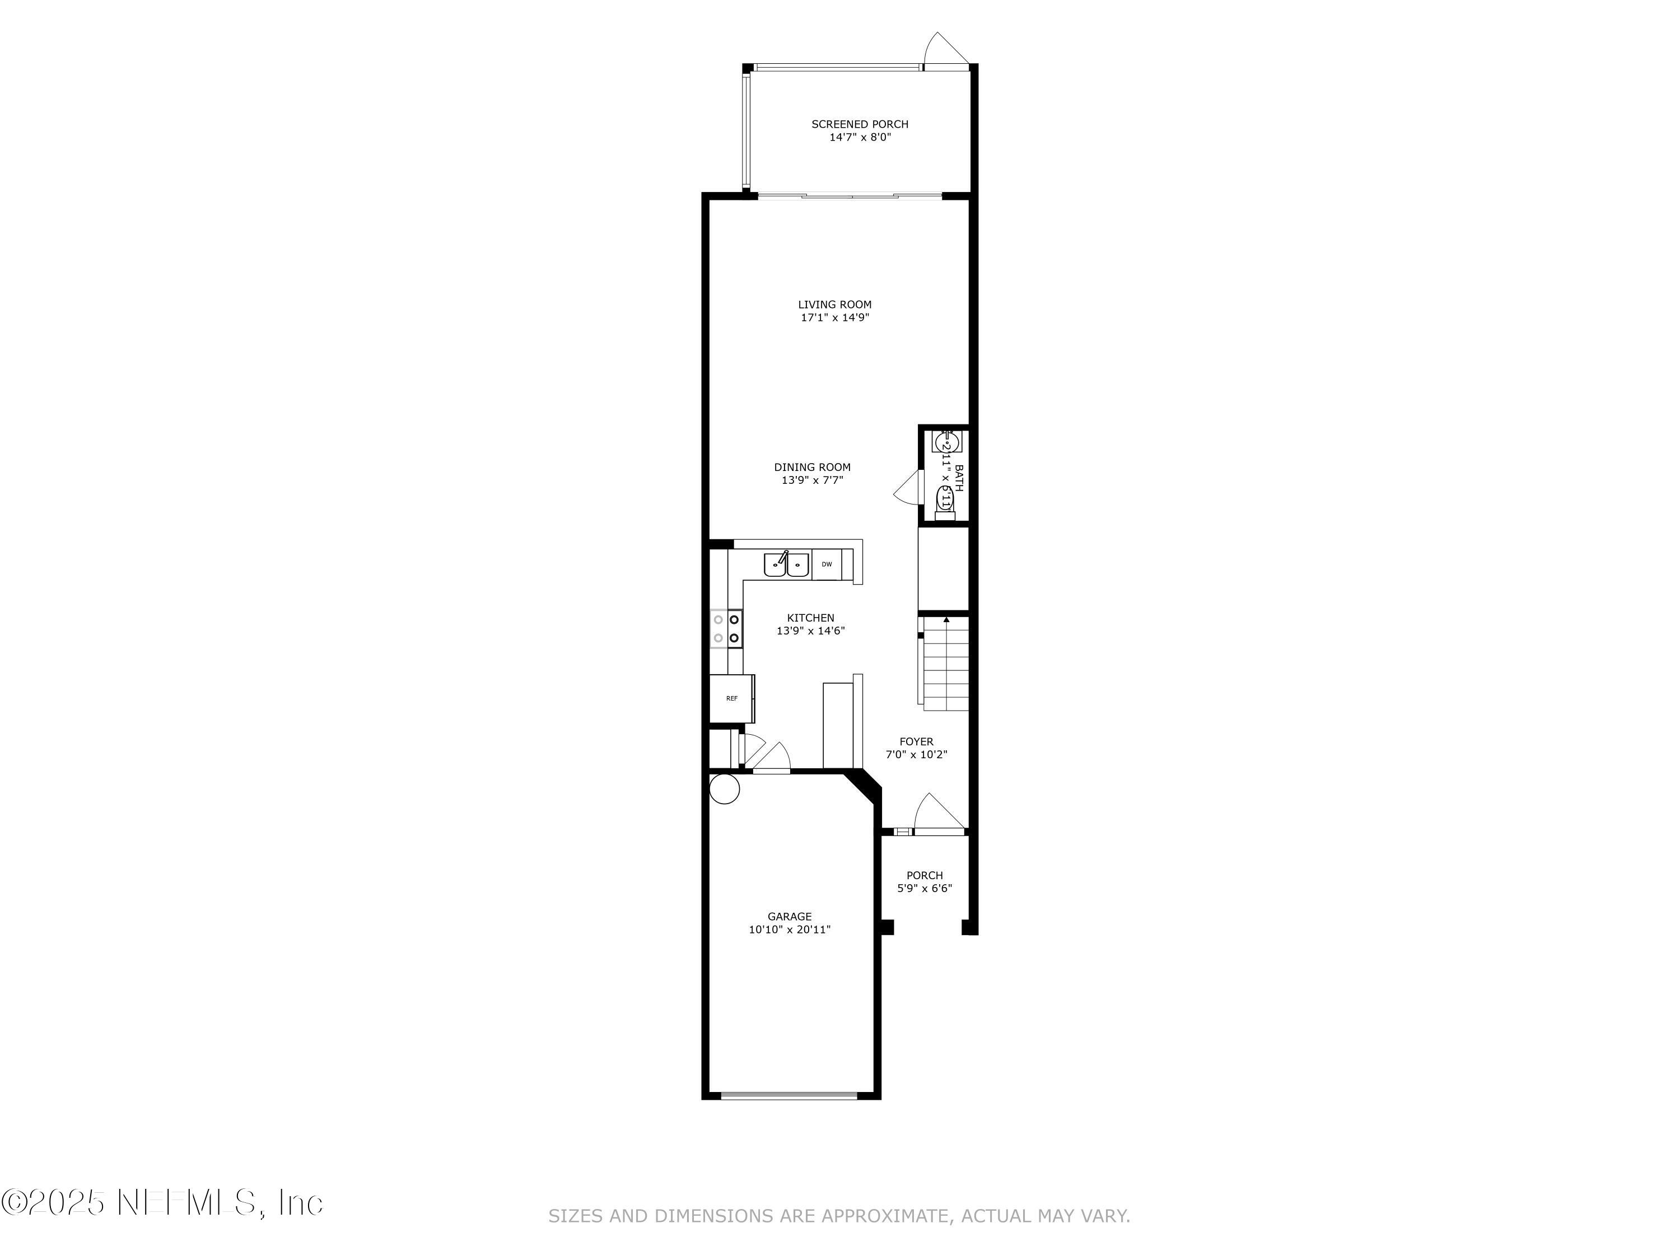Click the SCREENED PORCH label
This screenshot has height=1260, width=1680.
pos(859,124)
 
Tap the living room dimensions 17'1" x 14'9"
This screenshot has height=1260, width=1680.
pos(835,318)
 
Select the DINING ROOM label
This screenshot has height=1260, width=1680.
pos(812,467)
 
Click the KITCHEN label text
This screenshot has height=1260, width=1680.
pos(810,618)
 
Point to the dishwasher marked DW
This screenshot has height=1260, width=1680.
pos(827,564)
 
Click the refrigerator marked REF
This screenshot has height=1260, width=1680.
pos(731,698)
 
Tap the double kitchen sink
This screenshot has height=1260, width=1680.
pos(786,565)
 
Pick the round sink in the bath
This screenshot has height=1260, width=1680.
pos(946,441)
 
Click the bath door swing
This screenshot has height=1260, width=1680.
pos(907,487)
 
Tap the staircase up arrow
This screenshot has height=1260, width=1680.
pos(946,621)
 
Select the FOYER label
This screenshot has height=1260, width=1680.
pos(916,741)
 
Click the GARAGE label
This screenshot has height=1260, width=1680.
pos(789,916)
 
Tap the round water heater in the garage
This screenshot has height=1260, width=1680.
pos(724,788)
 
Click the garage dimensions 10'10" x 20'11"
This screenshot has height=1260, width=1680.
pos(789,929)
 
